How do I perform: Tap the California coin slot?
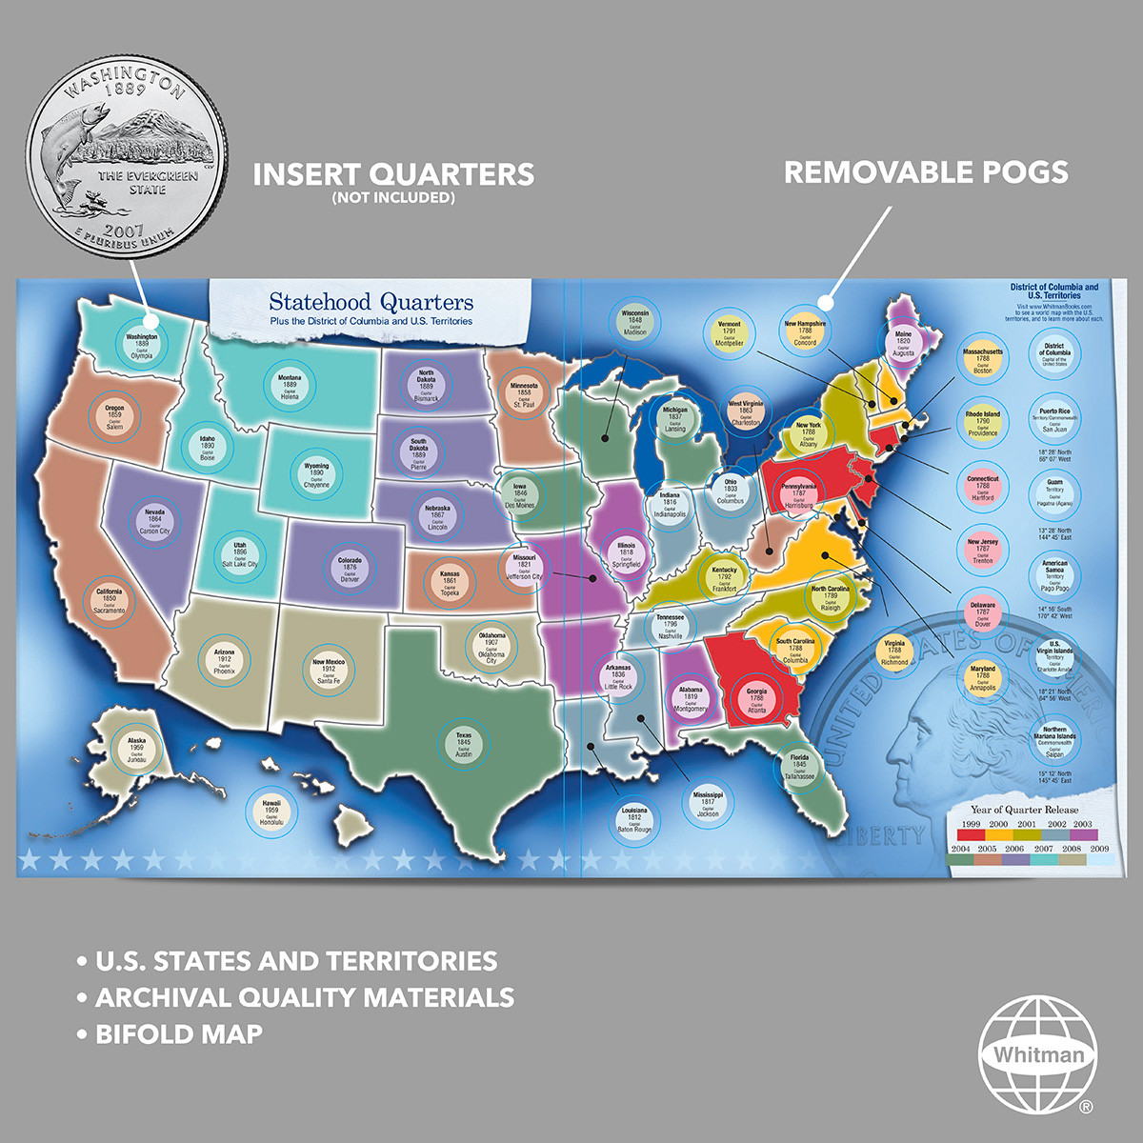pos(110,602)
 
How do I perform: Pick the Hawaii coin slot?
pos(271,812)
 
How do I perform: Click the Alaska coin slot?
pos(137,750)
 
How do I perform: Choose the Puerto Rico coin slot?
pos(1054,420)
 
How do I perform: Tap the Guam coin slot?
pos(1054,492)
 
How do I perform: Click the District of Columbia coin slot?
pos(1054,354)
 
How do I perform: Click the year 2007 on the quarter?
pos(124,231)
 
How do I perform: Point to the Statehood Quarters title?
pos(371,303)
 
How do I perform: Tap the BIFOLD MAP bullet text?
pos(179,1033)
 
